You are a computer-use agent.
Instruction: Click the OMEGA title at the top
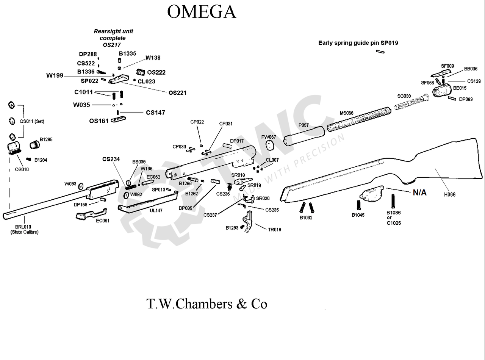pos(201,12)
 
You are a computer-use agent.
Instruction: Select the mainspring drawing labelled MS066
pos(358,119)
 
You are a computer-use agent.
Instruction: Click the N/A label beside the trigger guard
pos(419,193)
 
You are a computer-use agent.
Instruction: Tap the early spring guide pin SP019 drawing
pos(381,52)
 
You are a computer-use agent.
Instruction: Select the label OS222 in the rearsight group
pos(156,72)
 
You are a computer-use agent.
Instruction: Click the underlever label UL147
pos(156,210)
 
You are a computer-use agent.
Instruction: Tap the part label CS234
pos(111,159)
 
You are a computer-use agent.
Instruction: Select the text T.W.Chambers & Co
pos(207,304)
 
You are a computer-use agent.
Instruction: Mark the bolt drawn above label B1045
pos(358,204)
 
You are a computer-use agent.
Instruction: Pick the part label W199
pos(55,75)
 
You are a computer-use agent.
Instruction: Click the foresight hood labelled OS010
pos(14,147)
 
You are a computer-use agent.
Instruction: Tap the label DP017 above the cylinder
pos(237,141)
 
